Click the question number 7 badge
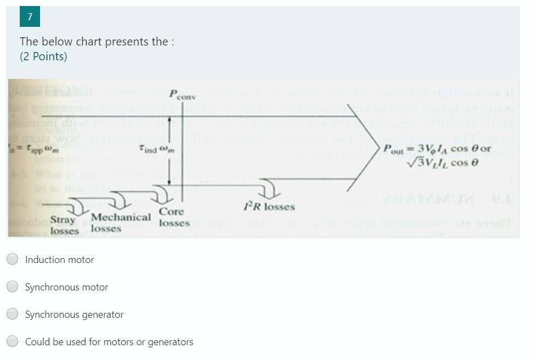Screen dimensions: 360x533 pyautogui.click(x=30, y=17)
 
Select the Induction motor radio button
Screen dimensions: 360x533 pyautogui.click(x=13, y=259)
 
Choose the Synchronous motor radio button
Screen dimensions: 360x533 pyautogui.click(x=13, y=287)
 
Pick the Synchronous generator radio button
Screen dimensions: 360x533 pyautogui.click(x=13, y=314)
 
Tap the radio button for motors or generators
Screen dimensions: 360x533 pyautogui.click(x=13, y=341)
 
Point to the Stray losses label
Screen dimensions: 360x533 pyautogui.click(x=64, y=225)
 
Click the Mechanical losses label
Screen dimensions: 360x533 pyautogui.click(x=120, y=222)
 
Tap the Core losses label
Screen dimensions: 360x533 pyautogui.click(x=173, y=217)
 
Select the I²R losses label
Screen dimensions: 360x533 pyautogui.click(x=269, y=207)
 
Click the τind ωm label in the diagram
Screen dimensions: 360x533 pyautogui.click(x=155, y=149)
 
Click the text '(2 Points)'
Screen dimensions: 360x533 pyautogui.click(x=43, y=56)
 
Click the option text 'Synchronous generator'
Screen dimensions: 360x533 pyautogui.click(x=74, y=315)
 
